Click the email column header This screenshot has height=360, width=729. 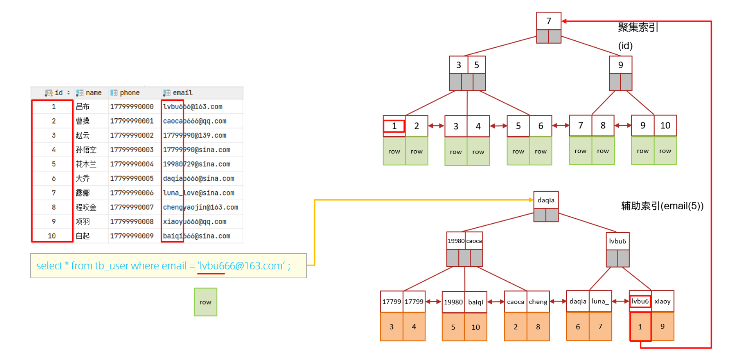[x=182, y=93]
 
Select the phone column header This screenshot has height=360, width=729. [x=129, y=93]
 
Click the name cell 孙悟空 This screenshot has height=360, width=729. [x=86, y=150]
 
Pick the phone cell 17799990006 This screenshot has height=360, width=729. [x=132, y=193]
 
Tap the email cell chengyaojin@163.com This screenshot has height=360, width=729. [x=200, y=207]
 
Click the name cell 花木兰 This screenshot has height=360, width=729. [x=86, y=164]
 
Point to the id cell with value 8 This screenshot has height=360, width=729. [x=54, y=207]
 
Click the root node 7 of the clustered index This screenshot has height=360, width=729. [x=548, y=21]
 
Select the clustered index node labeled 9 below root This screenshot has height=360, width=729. [x=620, y=65]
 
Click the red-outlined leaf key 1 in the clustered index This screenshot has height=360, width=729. [x=394, y=126]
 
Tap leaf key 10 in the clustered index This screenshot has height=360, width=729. [x=665, y=125]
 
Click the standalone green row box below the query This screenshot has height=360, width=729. [x=205, y=302]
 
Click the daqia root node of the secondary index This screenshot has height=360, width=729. [x=546, y=200]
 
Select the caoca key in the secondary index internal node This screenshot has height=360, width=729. [x=474, y=241]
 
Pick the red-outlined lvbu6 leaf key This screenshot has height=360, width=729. [x=640, y=301]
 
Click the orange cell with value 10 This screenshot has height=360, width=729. [x=476, y=327]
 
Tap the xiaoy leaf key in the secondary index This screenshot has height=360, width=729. [x=662, y=301]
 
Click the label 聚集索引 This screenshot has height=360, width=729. [x=638, y=27]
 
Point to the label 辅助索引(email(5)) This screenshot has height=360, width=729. [x=662, y=206]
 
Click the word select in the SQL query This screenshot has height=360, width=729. [x=50, y=266]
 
